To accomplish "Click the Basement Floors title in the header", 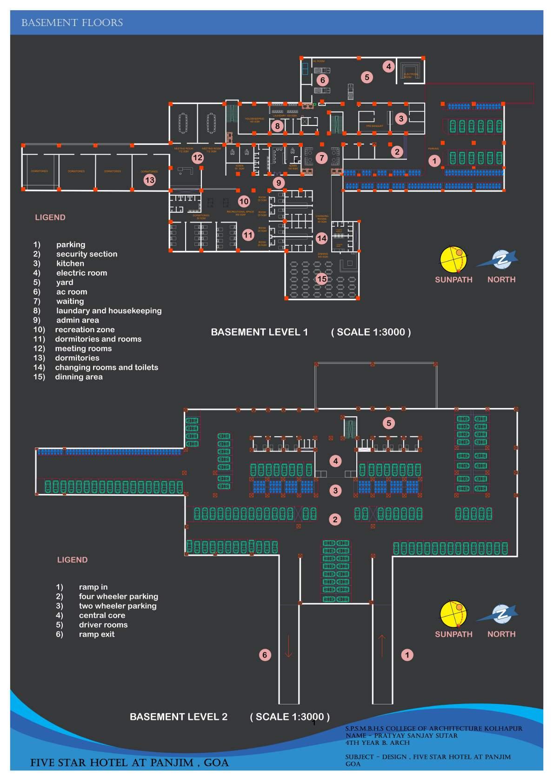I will click(72, 23).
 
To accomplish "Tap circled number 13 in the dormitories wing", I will click(149, 180).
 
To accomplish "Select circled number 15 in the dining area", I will click(322, 279).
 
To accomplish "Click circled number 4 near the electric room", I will click(389, 66).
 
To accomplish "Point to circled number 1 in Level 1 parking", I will click(434, 161).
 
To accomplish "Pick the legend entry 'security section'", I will click(87, 254).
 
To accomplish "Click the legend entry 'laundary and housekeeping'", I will click(109, 311).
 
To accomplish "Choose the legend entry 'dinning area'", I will click(79, 377).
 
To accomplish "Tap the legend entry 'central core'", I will click(102, 615).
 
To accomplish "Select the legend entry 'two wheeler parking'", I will click(118, 606).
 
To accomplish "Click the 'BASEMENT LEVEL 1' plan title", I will click(260, 332).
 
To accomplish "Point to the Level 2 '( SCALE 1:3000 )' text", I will click(290, 716).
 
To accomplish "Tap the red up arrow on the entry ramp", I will click(382, 646).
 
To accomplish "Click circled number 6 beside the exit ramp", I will click(265, 655).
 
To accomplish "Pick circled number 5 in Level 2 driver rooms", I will click(389, 423).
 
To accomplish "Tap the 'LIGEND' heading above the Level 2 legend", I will click(72, 560).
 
